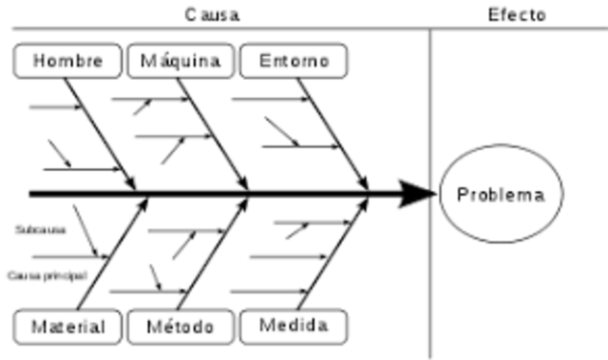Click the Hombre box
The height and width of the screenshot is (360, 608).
[x=68, y=61]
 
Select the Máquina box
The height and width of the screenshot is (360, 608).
[x=180, y=61]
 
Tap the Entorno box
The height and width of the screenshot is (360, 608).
[x=294, y=61]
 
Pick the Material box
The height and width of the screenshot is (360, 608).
[x=68, y=327]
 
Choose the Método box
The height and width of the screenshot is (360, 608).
[x=180, y=327]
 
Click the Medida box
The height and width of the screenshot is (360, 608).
[x=294, y=326]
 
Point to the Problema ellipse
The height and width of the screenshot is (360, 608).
[x=501, y=195]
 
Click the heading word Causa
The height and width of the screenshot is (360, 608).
[x=212, y=14]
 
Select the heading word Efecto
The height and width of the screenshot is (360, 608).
[x=517, y=14]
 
